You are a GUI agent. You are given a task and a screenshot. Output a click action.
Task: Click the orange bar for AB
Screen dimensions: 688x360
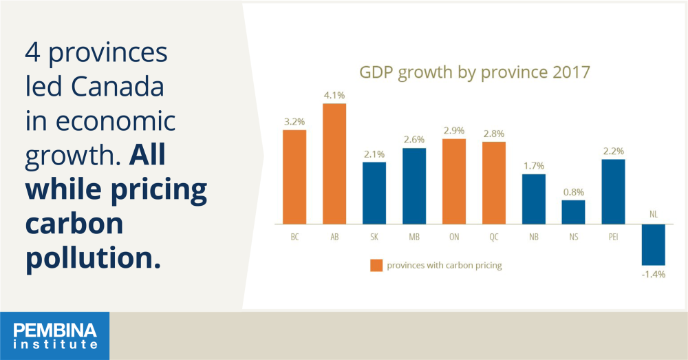point(334,164)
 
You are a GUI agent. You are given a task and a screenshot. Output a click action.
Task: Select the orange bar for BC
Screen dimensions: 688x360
point(294,177)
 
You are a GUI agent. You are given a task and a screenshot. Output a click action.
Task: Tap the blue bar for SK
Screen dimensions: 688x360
point(374,193)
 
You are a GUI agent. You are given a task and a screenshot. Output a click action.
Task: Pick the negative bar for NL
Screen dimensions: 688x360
point(654,244)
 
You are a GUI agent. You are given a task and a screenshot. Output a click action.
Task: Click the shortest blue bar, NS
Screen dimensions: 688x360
point(574,212)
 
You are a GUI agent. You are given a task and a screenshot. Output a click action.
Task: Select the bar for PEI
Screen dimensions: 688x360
point(614,192)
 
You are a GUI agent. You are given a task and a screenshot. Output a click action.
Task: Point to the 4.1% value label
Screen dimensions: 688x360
point(334,95)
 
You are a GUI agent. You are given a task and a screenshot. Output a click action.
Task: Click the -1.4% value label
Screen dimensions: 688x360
point(654,275)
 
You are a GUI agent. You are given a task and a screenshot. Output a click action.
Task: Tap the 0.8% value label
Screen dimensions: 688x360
point(574,192)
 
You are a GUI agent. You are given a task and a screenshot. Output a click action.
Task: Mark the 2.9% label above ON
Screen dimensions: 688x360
point(454,130)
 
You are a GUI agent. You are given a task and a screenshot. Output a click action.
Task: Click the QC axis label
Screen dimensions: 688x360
point(494,237)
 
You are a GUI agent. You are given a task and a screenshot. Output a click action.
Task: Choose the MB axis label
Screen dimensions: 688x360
point(414,237)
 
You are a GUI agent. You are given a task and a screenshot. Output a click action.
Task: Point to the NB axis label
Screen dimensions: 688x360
point(534,237)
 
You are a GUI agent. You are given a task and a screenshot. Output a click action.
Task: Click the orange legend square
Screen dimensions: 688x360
point(376,265)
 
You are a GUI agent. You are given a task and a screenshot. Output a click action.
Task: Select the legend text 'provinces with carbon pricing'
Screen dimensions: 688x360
point(444,265)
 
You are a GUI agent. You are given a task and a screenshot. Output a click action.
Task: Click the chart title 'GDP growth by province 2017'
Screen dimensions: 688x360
point(475,72)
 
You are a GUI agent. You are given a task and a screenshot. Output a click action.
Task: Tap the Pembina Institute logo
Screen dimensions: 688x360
point(55,336)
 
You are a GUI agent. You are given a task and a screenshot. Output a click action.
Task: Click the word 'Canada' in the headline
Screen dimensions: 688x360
point(118,87)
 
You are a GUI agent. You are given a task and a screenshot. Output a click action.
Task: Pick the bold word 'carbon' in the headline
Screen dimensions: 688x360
point(74,224)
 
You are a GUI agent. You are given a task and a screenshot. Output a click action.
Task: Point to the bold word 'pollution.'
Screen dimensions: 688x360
point(93,257)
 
